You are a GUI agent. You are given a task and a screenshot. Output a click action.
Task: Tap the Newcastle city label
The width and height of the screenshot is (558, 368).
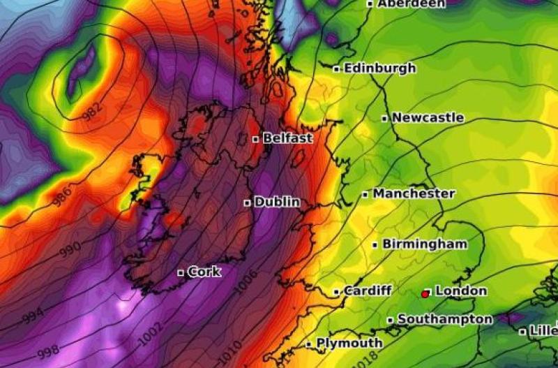[428, 118]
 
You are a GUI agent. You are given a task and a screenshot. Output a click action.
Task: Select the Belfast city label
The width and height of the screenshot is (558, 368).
[287, 139]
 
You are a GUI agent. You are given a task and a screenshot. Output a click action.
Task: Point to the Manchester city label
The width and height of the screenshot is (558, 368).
[414, 193]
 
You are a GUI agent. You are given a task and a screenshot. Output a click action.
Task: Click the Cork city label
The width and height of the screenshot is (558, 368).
[204, 272]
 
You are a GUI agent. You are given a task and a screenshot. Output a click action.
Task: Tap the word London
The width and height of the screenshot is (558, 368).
[460, 290]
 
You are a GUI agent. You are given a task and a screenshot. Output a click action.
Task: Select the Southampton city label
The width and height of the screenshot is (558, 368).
[444, 319]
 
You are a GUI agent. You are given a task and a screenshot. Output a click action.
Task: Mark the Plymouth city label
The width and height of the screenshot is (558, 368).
[349, 343]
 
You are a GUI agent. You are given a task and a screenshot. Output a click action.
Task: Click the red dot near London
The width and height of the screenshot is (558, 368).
[425, 295]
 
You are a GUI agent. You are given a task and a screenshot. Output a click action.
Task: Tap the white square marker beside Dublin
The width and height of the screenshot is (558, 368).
[247, 203]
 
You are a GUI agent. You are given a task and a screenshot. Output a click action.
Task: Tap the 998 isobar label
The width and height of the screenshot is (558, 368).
[49, 351]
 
